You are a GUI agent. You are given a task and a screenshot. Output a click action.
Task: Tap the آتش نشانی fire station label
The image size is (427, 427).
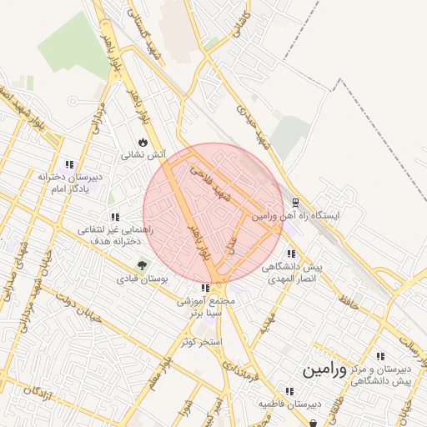click(x=143, y=154)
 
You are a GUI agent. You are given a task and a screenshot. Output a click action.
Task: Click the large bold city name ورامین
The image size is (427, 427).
click(x=324, y=367)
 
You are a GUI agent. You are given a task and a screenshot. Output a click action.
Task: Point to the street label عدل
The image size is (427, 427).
click(x=232, y=243)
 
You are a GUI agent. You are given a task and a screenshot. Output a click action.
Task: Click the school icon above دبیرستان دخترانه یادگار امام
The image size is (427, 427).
click(x=68, y=164)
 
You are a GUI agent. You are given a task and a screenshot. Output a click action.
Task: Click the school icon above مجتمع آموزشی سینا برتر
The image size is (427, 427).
click(x=205, y=289)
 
